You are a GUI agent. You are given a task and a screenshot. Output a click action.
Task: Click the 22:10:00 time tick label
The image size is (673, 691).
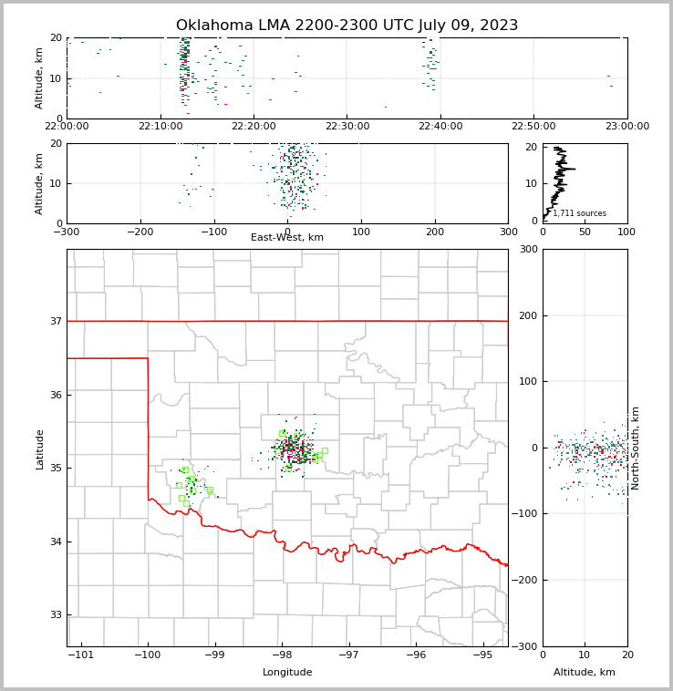click(160, 127)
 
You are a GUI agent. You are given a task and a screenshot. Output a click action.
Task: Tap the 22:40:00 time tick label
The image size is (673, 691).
click(440, 127)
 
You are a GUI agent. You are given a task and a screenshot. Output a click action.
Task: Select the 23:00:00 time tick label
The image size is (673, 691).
click(626, 127)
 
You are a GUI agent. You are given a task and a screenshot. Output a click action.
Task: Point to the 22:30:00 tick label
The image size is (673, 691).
click(347, 127)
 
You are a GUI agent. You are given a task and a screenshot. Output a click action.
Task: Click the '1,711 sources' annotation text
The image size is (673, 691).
click(579, 213)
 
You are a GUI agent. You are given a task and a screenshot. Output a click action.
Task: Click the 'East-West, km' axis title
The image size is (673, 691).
click(287, 238)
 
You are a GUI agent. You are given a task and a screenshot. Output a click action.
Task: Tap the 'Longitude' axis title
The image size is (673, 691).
click(287, 673)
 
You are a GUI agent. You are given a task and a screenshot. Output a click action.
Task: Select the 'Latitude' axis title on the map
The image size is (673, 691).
click(40, 449)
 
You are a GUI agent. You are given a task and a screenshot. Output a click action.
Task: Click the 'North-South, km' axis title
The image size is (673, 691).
click(636, 449)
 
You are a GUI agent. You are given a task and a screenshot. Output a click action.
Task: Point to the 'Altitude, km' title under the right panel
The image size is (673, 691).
click(585, 673)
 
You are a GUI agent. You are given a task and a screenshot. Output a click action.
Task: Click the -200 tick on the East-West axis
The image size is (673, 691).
click(140, 232)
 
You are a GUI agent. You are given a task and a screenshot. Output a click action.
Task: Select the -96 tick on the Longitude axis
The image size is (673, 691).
click(416, 655)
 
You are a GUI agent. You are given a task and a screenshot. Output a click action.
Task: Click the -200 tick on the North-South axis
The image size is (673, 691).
click(524, 581)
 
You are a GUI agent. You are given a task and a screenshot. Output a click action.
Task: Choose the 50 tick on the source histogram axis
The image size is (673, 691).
click(585, 232)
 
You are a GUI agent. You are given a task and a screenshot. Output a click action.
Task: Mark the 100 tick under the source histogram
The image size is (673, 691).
click(626, 232)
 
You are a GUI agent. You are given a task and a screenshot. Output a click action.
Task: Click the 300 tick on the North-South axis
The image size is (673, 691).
click(528, 250)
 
